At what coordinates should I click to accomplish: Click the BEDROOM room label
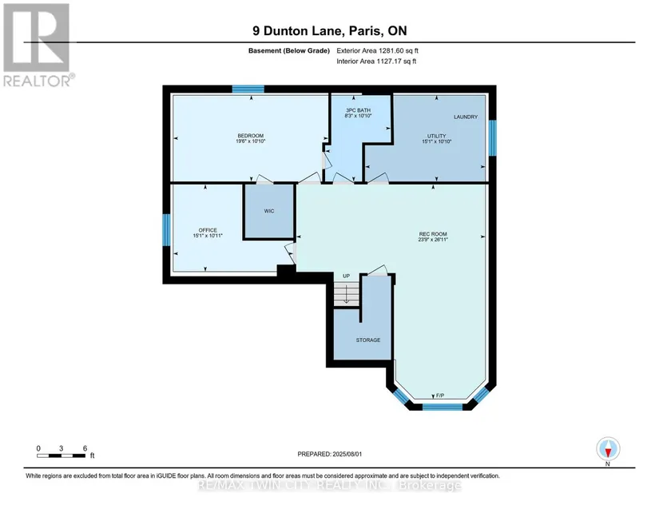coord(251,136)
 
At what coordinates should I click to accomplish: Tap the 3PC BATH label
coord(358,110)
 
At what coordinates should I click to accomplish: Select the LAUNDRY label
coord(466,117)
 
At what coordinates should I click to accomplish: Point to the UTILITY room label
coord(437,136)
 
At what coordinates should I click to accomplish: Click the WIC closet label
coord(269,211)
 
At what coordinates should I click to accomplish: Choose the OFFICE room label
coord(208,230)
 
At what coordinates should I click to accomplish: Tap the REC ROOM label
coord(433,234)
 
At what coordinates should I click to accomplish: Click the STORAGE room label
coord(368,340)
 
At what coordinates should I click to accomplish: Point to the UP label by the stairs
coord(347,276)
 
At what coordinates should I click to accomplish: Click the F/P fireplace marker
coord(440,396)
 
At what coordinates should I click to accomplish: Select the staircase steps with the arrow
coord(347,295)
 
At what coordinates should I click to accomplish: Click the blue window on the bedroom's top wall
coord(248,89)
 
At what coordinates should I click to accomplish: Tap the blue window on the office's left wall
coord(166,229)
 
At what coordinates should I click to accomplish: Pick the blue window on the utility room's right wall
coord(492,138)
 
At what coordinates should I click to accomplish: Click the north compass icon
coord(608,449)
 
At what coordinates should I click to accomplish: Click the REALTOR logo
coord(38,45)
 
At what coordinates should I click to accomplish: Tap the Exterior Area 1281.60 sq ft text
coord(377,50)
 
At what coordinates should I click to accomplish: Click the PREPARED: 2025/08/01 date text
coord(329,454)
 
